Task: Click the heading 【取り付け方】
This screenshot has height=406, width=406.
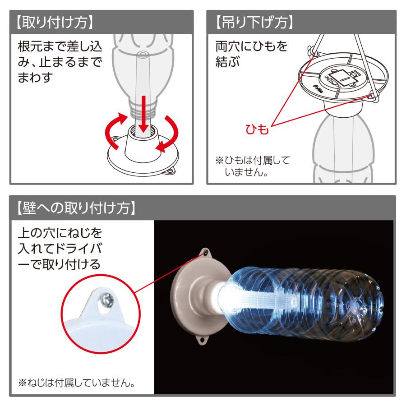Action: [x=54, y=22]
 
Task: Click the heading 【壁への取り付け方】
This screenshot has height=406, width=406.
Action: [x=75, y=208]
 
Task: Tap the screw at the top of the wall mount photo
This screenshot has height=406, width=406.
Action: [x=206, y=251]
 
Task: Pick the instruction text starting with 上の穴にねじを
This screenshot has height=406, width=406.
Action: [x=59, y=249]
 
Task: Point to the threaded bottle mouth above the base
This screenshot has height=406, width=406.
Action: [x=143, y=108]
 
